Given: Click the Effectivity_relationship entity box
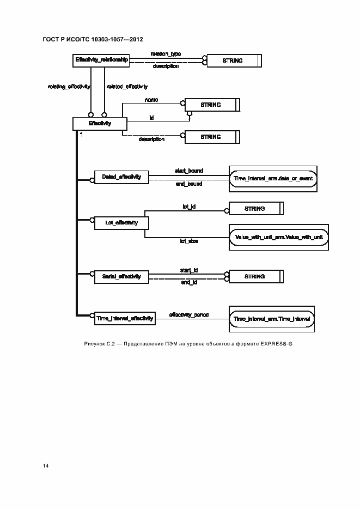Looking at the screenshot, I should pyautogui.click(x=102, y=60).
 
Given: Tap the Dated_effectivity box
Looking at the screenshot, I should pyautogui.click(x=121, y=177).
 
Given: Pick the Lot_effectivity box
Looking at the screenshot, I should pyautogui.click(x=121, y=222).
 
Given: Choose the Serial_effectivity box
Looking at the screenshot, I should pyautogui.click(x=121, y=276).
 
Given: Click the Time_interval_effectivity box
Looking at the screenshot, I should pyautogui.click(x=125, y=318).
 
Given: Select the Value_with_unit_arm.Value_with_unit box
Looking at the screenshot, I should pyautogui.click(x=279, y=237).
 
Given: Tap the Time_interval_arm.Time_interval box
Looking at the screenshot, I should pyautogui.click(x=272, y=318).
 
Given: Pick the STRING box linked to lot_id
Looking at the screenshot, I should pyautogui.click(x=254, y=209).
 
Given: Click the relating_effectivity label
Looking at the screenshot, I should pyautogui.click(x=65, y=87).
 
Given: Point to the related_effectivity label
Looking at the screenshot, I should pyautogui.click(x=127, y=87).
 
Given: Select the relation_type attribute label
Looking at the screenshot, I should pyautogui.click(x=166, y=54).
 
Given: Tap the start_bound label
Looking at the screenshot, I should pyautogui.click(x=188, y=171).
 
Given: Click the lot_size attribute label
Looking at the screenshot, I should pyautogui.click(x=188, y=241).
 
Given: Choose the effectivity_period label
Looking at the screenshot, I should pyautogui.click(x=189, y=315).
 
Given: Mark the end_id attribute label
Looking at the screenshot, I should pyautogui.click(x=188, y=283).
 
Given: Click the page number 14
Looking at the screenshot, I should pyautogui.click(x=46, y=466).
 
